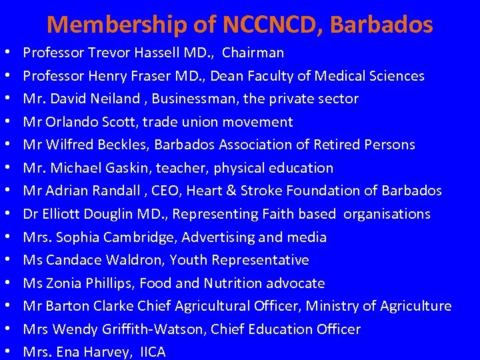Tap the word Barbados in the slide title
pyautogui.click(x=381, y=25)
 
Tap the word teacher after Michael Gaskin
pyautogui.click(x=178, y=168)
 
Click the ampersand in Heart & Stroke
pyautogui.click(x=230, y=191)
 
